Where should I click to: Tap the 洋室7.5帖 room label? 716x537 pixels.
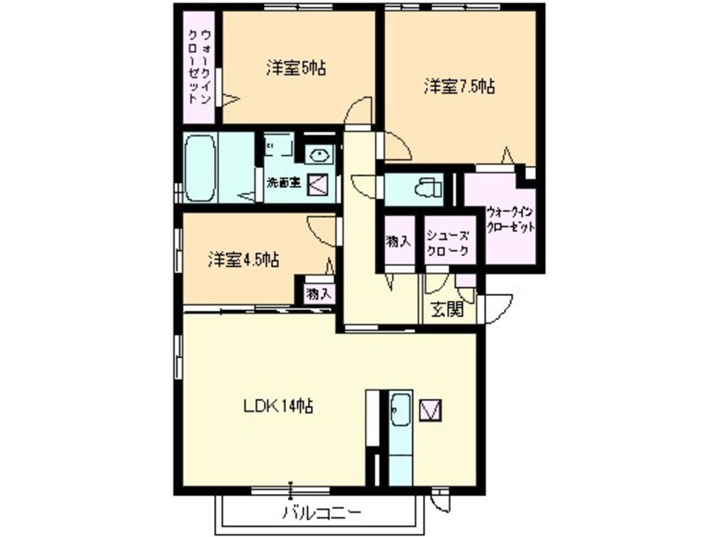pyautogui.click(x=459, y=86)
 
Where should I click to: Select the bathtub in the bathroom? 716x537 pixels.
pyautogui.click(x=201, y=168)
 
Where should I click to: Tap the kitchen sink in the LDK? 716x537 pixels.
pyautogui.click(x=400, y=412)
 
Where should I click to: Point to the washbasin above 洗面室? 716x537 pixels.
pyautogui.click(x=320, y=153)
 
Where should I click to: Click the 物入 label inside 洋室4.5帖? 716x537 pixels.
pyautogui.click(x=318, y=294)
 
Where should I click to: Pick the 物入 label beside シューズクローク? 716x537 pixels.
pyautogui.click(x=399, y=242)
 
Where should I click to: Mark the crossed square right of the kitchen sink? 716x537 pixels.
pyautogui.click(x=432, y=411)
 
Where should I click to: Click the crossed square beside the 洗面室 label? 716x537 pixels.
pyautogui.click(x=317, y=182)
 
